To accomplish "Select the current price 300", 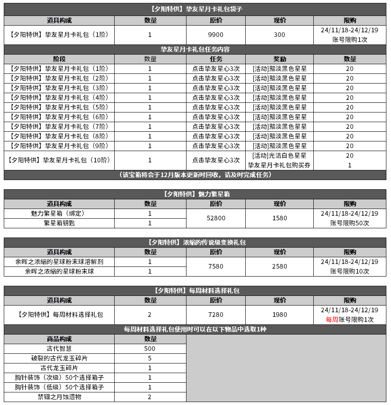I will [279, 35].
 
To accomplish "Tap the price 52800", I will [216, 218].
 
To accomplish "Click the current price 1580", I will [279, 218].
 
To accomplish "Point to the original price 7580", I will [216, 267].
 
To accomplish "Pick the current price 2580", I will [279, 267].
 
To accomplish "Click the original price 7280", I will [216, 315].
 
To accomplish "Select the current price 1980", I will [279, 315].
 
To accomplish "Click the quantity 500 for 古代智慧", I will [150, 349].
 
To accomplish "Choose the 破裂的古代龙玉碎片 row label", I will [59, 358].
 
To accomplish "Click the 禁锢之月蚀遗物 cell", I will [59, 397].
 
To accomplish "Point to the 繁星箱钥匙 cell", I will [59, 223].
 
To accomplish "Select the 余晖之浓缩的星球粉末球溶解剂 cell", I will [59, 262].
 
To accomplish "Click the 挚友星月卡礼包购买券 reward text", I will [279, 165].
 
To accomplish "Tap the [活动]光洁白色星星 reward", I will [279, 156].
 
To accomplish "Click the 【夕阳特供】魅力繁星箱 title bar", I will [195, 194].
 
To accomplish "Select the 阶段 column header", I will [59, 59].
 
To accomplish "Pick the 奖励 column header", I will [279, 59].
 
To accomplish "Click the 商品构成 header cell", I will [59, 339].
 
